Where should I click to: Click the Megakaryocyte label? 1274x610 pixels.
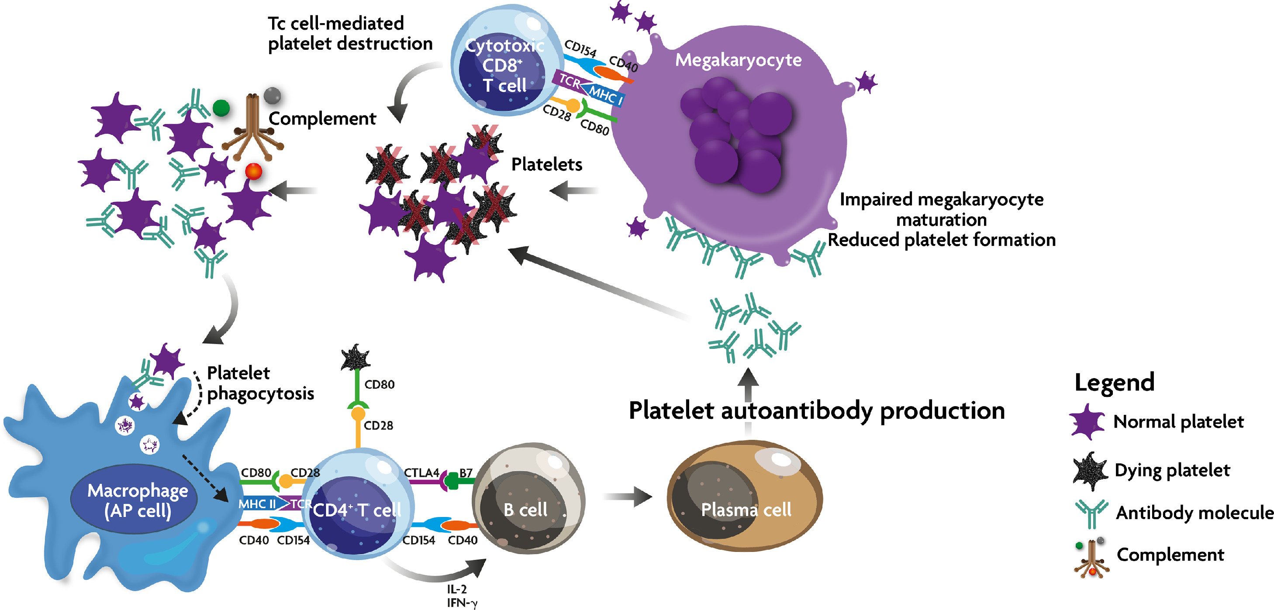pos(739,60)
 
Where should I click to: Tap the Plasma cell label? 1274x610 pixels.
pos(746,509)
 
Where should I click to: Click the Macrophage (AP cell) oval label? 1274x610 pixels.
pos(138,500)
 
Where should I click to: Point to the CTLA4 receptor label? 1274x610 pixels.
pos(421,473)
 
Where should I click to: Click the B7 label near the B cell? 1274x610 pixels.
pos(466,473)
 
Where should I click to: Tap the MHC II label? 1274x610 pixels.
pos(257,504)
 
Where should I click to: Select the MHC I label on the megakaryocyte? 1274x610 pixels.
pos(605,94)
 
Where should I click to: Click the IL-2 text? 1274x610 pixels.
pos(456,589)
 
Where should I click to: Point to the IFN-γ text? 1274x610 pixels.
pos(462,603)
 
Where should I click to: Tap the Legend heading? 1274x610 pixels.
pos(1114,383)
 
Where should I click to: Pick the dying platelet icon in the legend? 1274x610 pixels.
pos(1090,471)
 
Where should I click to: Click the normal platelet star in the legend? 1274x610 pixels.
pos(1087,422)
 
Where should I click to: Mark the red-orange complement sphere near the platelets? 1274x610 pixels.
pos(253,172)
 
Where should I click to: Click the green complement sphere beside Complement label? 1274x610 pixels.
pos(221,108)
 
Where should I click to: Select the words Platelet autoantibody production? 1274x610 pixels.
pos(817,411)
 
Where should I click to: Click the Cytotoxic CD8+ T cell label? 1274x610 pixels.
pos(504,65)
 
